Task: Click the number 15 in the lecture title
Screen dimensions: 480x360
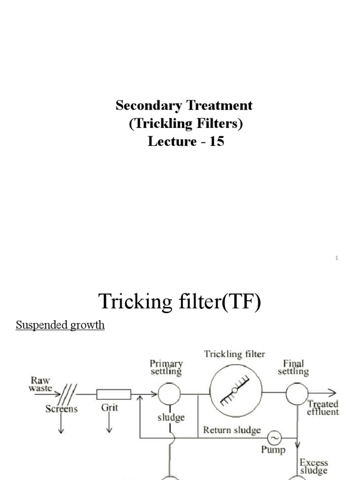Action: [x=217, y=142]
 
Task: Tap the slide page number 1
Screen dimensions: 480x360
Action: [x=337, y=258]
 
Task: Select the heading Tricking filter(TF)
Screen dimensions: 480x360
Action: [x=180, y=301]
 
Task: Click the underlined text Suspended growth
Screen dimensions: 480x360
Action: [x=60, y=325]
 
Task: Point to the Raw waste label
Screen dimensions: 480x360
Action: [x=40, y=383]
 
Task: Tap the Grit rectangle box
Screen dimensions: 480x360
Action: [x=113, y=393]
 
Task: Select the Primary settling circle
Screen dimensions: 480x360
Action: [x=169, y=393]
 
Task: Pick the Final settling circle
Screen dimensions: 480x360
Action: [x=296, y=393]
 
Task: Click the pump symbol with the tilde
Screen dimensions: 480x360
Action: [x=275, y=438]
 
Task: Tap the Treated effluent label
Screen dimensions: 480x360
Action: [x=322, y=408]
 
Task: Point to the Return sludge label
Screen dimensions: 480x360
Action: [x=232, y=430]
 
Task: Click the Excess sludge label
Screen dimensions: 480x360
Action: [x=314, y=466]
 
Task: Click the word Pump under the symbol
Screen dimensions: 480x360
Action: [x=273, y=450]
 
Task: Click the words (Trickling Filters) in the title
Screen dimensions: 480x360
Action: [x=186, y=123]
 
